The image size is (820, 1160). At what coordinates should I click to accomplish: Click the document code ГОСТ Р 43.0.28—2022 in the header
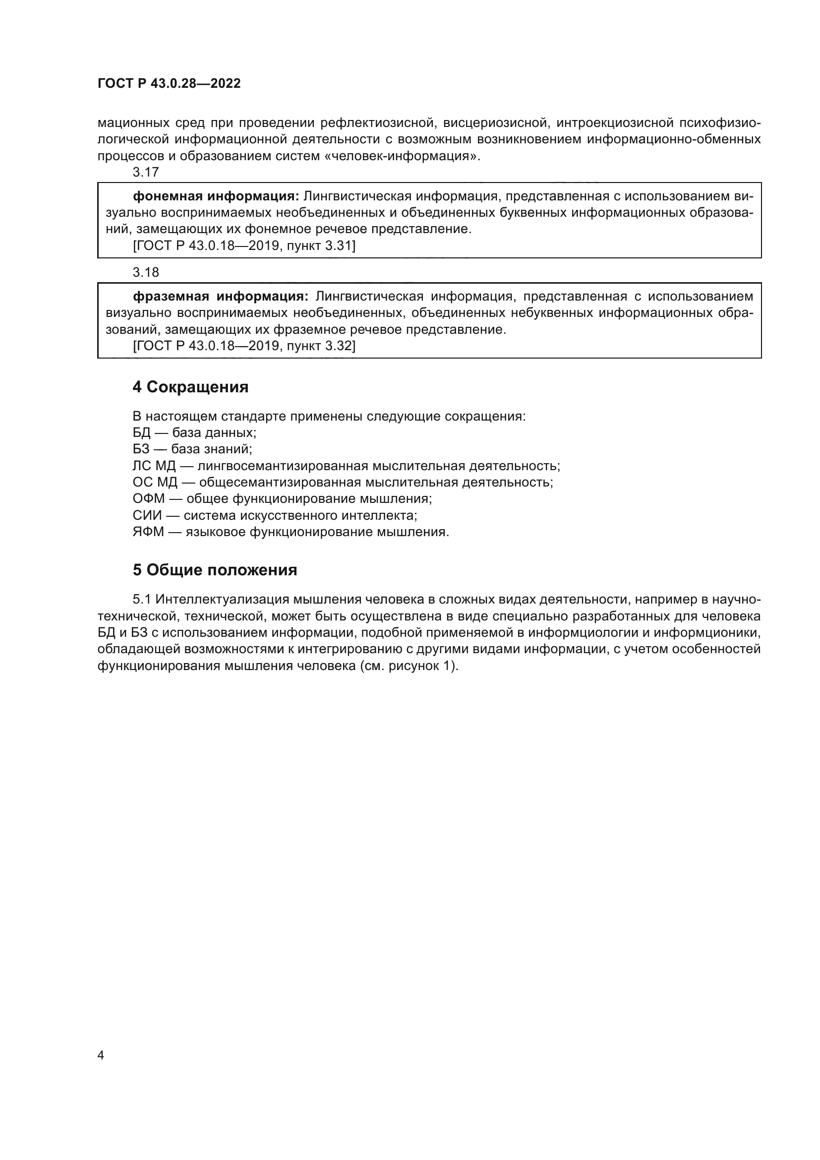pos(169,84)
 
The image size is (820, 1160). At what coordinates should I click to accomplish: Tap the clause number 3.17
pos(145,172)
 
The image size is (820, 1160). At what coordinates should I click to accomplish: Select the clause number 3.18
pos(145,272)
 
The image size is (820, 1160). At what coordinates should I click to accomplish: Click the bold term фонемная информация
pos(216,196)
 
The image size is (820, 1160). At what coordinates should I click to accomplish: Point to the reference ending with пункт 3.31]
pos(244,245)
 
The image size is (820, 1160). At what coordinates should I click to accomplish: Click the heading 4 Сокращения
pos(190,387)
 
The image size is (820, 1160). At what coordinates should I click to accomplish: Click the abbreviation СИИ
pos(147,515)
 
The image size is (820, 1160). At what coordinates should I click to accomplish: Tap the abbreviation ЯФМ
pos(148,532)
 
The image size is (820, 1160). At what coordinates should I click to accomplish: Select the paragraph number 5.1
pos(142,599)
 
